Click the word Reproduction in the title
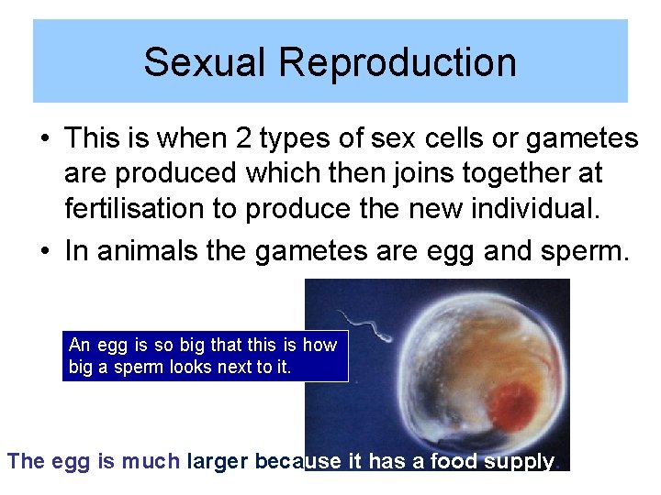point(398,62)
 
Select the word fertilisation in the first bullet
point(134,208)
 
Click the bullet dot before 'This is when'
point(44,139)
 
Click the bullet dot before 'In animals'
point(44,252)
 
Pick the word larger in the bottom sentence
point(216,461)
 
